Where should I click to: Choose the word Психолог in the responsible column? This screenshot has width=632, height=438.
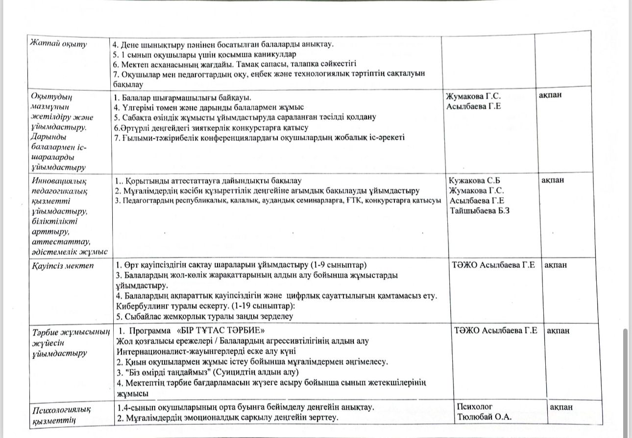(x=474, y=407)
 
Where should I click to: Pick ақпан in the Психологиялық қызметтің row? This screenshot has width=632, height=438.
(x=561, y=407)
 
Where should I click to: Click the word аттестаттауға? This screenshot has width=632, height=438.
(x=193, y=180)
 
